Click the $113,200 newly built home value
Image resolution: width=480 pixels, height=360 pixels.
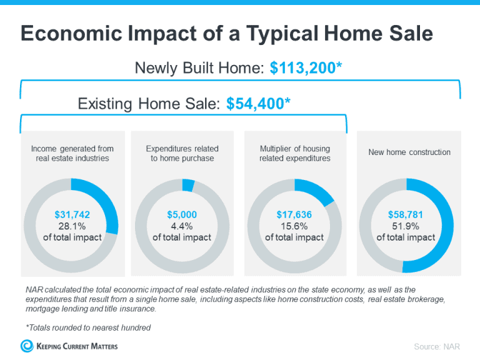(x=306, y=68)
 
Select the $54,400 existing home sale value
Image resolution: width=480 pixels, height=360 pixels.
(x=258, y=103)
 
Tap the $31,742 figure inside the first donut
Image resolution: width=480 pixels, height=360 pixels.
(x=70, y=215)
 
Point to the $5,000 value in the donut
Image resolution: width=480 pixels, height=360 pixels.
(x=182, y=215)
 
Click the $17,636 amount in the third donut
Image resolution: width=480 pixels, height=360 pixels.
(x=294, y=215)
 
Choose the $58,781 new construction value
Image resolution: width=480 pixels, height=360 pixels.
(x=406, y=215)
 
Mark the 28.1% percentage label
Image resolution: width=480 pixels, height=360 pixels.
(x=70, y=226)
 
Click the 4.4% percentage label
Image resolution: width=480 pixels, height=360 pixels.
(x=182, y=226)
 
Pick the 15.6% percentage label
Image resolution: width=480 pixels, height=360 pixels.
(x=294, y=226)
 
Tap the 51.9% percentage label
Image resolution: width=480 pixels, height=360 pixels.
(x=406, y=226)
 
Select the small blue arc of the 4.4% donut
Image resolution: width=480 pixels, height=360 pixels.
(x=188, y=185)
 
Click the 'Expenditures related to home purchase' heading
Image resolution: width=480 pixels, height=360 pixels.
(x=182, y=153)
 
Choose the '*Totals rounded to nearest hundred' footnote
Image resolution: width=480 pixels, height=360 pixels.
(x=89, y=327)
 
